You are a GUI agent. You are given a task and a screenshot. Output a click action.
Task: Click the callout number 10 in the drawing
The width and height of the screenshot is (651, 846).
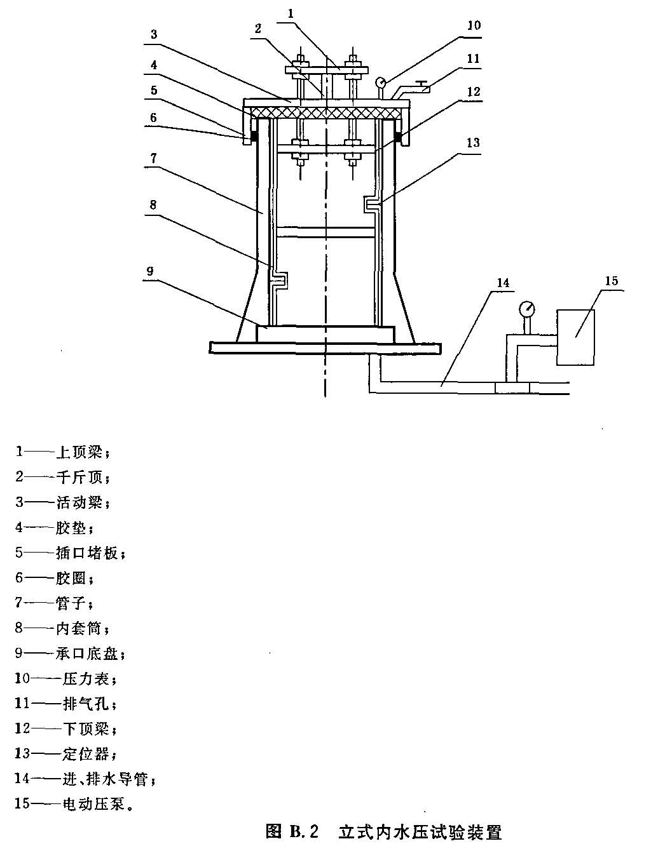[474, 25]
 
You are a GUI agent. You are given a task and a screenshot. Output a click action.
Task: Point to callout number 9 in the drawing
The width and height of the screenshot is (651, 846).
[151, 271]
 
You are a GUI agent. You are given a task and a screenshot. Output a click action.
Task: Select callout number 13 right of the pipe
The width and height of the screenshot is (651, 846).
[474, 142]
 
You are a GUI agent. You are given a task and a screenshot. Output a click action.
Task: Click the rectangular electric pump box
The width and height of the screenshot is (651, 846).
[575, 337]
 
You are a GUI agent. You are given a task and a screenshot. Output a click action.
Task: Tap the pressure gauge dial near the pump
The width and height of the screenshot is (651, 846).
[526, 309]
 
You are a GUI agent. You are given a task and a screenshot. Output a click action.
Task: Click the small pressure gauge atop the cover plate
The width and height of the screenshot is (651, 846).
[381, 83]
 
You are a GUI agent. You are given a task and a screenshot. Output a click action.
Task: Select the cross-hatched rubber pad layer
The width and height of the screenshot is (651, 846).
[325, 112]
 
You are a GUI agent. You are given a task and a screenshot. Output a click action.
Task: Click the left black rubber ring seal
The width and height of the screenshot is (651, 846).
[254, 137]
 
